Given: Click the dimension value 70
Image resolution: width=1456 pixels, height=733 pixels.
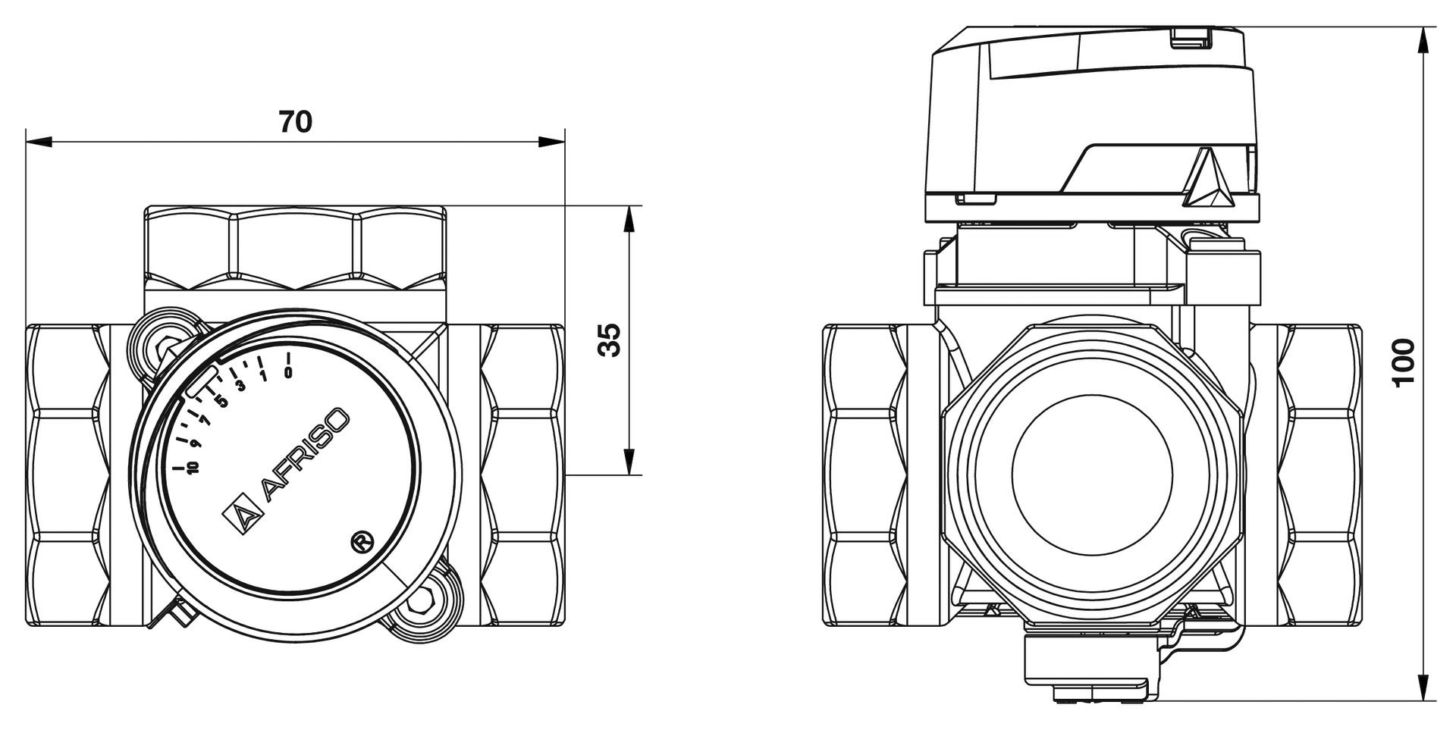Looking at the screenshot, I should point(295,121).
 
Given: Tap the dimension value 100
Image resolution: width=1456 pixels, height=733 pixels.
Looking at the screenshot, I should point(1404,362).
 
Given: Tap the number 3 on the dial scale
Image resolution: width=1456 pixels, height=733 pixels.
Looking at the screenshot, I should point(241,386).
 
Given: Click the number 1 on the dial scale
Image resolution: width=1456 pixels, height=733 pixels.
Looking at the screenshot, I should point(263,376).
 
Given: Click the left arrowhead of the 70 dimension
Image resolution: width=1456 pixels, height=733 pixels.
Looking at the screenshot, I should point(38,142).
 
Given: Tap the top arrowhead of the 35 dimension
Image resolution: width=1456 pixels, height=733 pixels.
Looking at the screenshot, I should point(628,219).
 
